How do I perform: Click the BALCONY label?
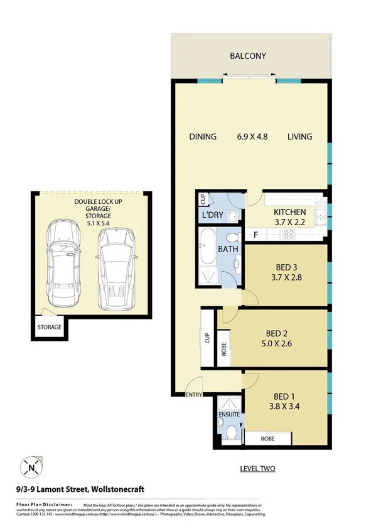click(247, 56)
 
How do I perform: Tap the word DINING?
click(203, 137)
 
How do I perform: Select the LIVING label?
click(299, 137)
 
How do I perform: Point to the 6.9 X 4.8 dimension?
click(252, 137)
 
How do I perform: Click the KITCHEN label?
click(289, 212)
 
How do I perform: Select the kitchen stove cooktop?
click(289, 235)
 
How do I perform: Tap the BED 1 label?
click(284, 396)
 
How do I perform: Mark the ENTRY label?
click(193, 395)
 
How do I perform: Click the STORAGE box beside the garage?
click(50, 327)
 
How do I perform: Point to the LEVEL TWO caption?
click(258, 469)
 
